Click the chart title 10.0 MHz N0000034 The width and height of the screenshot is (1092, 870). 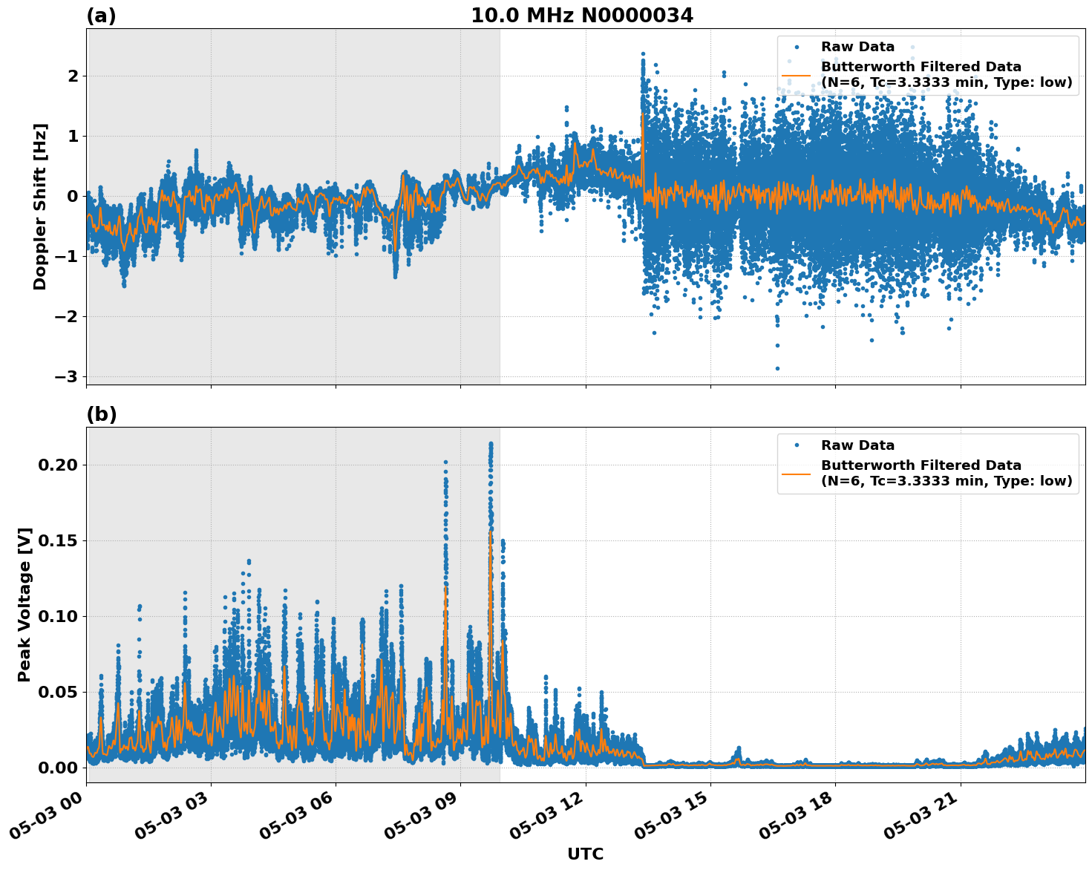581,16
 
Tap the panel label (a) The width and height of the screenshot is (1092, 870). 101,16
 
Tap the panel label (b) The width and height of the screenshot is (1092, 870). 101,414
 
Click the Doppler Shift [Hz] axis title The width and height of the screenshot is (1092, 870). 40,206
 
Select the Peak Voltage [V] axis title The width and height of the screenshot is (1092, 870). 24,605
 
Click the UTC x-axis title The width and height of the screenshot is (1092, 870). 585,854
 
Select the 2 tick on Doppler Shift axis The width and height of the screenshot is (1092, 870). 73,76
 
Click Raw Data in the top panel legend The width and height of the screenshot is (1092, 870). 857,47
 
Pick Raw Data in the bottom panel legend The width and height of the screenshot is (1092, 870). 857,445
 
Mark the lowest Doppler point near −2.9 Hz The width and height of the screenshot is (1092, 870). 777,368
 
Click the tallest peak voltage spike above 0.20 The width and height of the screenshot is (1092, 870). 491,444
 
